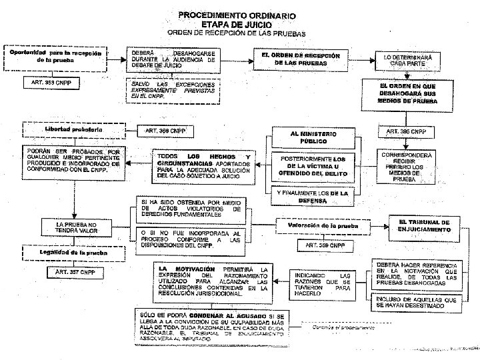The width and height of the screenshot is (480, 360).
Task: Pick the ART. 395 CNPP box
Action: click(406, 131)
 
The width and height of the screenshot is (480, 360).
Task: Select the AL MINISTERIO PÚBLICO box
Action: click(313, 137)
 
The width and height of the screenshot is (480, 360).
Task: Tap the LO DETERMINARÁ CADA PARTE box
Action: click(407, 61)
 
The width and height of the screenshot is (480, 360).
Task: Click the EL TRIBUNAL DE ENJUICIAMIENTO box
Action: click(424, 225)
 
